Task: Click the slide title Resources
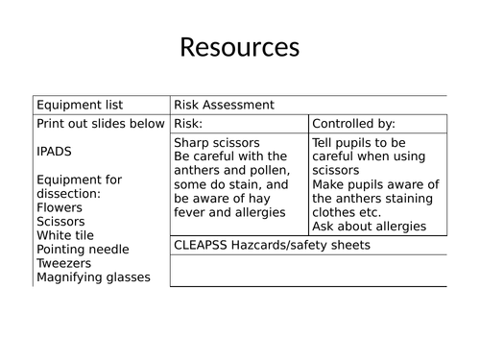pos(240,47)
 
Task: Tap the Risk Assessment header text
pos(224,105)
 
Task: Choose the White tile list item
pos(65,234)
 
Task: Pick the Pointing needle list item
pos(84,249)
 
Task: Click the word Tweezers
pos(65,263)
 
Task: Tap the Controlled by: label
pos(353,124)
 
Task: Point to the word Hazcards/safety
pos(283,245)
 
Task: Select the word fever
pos(191,212)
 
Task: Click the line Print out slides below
pos(100,124)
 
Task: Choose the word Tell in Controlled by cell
pos(324,142)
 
